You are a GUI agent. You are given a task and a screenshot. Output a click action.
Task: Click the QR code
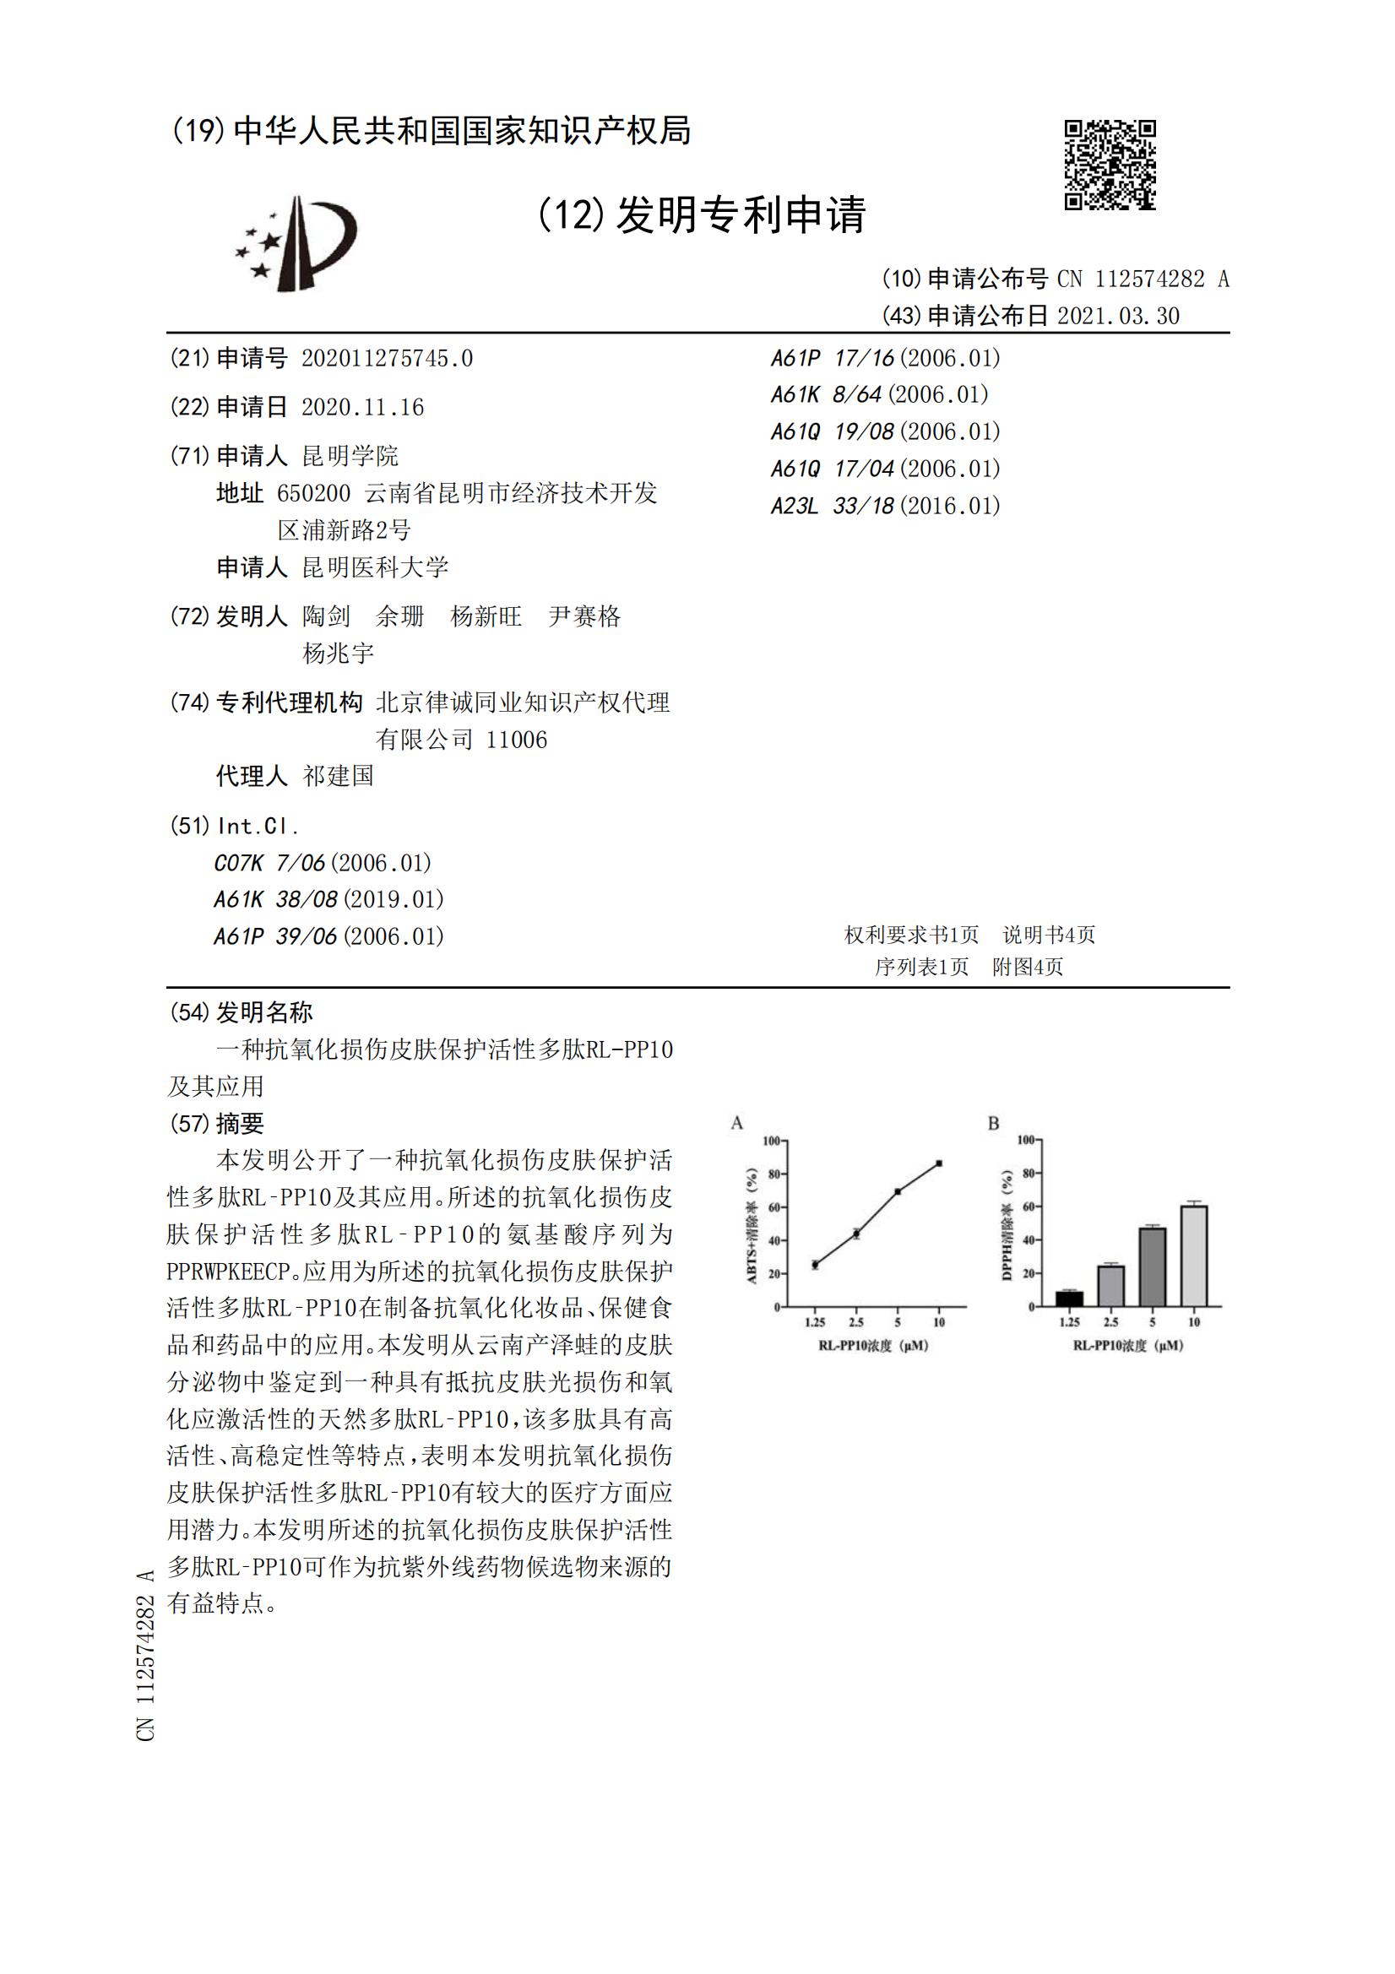pos(1110,164)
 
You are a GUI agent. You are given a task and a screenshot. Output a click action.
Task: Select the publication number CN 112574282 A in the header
pos(1143,279)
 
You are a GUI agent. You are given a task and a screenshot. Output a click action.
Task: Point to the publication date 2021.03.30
pos(1118,317)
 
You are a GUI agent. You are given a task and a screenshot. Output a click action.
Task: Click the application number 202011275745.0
pos(387,359)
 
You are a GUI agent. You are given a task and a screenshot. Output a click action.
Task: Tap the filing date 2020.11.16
pos(363,408)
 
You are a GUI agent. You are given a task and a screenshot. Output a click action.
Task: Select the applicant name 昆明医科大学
pos(375,567)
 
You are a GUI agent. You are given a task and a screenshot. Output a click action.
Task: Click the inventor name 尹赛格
pos(584,616)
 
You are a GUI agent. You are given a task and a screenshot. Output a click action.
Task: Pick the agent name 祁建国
pos(338,777)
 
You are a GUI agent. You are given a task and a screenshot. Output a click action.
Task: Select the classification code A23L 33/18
pos(833,507)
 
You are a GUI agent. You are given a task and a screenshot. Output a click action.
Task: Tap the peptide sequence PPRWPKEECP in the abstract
pos(228,1271)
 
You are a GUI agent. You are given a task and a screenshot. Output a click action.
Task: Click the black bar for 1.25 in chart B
pos(1069,1299)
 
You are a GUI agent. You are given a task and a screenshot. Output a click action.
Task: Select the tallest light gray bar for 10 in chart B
pos(1194,1256)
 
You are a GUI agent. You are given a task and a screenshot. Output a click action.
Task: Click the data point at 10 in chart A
pos(939,1163)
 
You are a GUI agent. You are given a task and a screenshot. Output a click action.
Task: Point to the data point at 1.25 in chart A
pos(815,1265)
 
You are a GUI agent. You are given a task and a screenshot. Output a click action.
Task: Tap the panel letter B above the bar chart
pos(993,1124)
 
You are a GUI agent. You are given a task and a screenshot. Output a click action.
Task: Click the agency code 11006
pos(516,740)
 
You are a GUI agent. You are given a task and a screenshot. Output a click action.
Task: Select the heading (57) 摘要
pos(217,1124)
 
